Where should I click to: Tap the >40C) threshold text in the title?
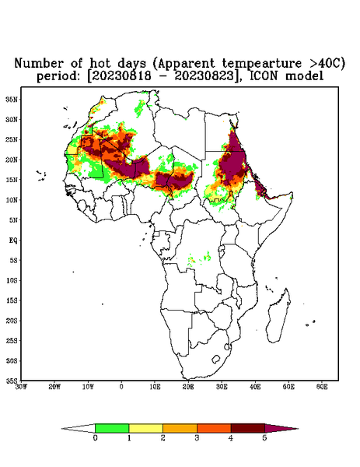(x=323, y=64)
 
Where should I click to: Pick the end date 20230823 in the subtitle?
(x=204, y=76)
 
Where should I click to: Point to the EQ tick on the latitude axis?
(x=13, y=241)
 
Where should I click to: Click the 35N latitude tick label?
(x=12, y=100)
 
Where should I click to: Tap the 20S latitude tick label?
(x=12, y=321)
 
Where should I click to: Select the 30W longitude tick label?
(x=22, y=387)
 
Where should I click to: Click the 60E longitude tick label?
(x=322, y=387)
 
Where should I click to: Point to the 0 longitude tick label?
(x=121, y=387)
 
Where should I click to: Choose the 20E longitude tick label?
(x=188, y=387)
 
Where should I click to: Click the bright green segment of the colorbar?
(x=112, y=428)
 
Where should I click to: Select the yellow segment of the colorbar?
(x=145, y=428)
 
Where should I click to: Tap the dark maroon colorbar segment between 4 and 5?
(x=248, y=428)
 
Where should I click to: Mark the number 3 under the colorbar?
(x=197, y=438)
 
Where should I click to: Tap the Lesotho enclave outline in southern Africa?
(x=216, y=359)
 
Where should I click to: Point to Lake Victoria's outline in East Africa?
(x=221, y=248)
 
